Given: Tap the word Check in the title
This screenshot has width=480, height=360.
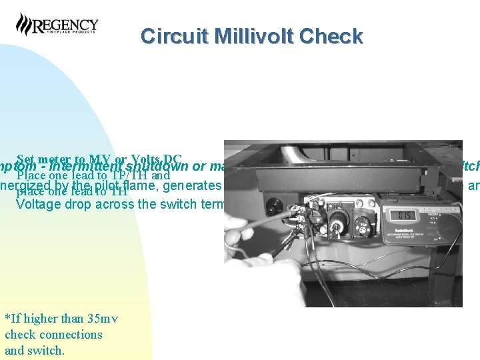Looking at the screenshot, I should point(331,36).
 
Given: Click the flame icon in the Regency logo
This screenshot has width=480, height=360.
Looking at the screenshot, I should point(23,24).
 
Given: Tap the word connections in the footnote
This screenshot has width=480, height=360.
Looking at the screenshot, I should point(69,335).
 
